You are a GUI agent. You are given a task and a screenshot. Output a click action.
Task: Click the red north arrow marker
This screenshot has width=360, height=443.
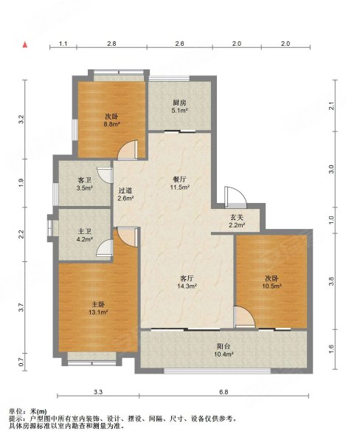[25, 44]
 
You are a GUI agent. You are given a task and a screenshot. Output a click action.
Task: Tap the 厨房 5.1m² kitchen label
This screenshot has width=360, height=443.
[179, 106]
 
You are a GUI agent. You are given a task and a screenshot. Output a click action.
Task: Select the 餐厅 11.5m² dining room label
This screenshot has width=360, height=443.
[179, 183]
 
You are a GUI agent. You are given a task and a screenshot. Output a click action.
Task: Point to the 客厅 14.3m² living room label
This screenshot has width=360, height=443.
[187, 282]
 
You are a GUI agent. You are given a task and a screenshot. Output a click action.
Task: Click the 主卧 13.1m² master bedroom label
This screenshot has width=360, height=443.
[98, 308]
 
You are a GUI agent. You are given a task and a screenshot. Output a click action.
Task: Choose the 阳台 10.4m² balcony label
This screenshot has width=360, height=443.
[224, 350]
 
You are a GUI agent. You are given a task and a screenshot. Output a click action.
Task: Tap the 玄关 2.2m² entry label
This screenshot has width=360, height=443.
[237, 221]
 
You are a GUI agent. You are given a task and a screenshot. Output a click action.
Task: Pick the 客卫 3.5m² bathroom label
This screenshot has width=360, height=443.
[85, 184]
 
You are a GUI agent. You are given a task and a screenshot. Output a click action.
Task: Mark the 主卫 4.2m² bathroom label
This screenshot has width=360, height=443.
[85, 236]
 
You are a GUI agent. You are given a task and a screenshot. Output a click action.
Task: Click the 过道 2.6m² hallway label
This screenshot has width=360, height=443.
[125, 194]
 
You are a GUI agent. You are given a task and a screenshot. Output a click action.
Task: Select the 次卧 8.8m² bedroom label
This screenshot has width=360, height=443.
[112, 120]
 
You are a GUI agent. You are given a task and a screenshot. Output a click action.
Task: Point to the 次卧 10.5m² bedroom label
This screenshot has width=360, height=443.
[271, 282]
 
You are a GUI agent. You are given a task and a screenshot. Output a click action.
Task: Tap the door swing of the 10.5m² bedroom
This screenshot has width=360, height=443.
[244, 317]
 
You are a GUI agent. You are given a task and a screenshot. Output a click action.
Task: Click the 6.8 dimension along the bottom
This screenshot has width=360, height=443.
[224, 392]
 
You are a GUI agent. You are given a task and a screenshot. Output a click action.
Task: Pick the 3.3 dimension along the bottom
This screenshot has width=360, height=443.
[98, 392]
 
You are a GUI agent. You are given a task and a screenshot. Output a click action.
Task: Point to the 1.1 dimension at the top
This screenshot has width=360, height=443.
[63, 44]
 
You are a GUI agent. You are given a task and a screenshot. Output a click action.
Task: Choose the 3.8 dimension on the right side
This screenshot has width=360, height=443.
[331, 281]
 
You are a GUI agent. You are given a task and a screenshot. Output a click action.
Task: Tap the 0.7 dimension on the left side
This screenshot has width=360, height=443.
[21, 363]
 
